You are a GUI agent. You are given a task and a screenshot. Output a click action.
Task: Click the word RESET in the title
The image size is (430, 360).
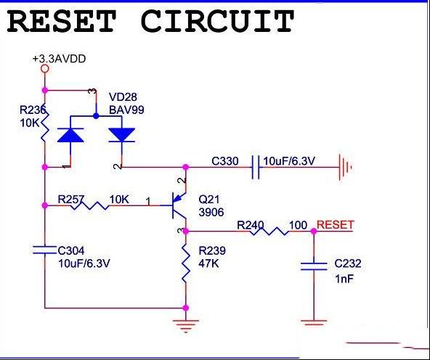[61, 21]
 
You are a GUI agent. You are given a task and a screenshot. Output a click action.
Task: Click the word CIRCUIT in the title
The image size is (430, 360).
[217, 21]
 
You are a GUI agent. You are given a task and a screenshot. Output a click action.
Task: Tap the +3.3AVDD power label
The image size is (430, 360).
[59, 59]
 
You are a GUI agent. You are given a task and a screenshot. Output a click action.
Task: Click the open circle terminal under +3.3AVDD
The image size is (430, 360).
[45, 68]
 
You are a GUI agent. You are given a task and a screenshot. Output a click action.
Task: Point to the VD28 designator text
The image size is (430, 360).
[123, 97]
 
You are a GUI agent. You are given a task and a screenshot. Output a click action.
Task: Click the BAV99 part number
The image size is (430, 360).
[126, 110]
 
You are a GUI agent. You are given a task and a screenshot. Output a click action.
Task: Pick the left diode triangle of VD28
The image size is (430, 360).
[70, 135]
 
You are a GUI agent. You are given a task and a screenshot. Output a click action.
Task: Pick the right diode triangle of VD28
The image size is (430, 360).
[121, 135]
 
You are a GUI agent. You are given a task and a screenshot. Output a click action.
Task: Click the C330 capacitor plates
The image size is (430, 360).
[256, 167]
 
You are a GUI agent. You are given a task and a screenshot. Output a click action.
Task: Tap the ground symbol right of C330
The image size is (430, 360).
[345, 167]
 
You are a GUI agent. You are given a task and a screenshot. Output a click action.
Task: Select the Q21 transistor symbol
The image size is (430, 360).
[178, 205]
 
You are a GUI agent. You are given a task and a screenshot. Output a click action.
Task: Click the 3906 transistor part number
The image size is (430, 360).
[211, 212]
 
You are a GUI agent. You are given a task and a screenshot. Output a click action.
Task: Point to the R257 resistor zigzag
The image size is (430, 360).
[89, 205]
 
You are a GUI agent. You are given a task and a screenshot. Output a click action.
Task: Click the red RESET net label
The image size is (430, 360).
[335, 225]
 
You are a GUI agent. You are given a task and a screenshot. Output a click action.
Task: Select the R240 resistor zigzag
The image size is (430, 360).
[269, 232]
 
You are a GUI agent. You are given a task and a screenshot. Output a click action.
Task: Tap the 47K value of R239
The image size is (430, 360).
[208, 263]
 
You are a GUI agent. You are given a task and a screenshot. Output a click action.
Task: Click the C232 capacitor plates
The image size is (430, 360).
[314, 266]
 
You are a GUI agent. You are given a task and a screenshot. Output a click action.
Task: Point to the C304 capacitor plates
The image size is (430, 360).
[44, 250]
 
